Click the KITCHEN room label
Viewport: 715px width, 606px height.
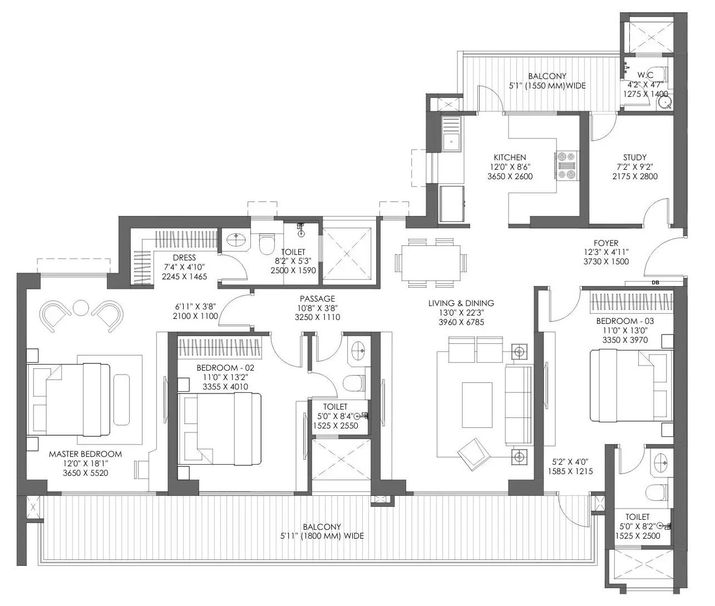(510, 157)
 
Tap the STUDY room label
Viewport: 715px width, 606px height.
(635, 157)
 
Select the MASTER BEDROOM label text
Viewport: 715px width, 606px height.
(85, 454)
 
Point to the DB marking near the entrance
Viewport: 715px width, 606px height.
(655, 283)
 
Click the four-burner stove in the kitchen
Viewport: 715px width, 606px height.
(566, 166)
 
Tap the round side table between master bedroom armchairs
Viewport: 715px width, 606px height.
(81, 308)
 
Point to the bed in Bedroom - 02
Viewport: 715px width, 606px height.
(219, 429)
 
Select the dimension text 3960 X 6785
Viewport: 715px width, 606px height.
(461, 322)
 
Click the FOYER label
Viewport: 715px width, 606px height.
(606, 243)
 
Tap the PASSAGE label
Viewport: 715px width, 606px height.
(318, 298)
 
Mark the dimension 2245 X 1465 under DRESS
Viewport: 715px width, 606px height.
(184, 277)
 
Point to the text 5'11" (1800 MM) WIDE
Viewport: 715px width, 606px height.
(322, 536)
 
